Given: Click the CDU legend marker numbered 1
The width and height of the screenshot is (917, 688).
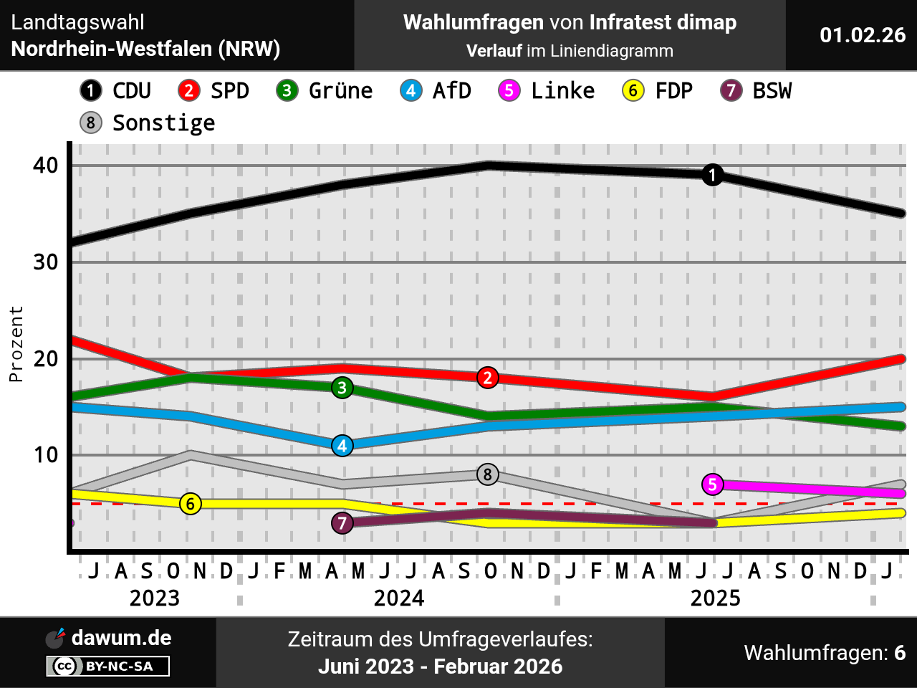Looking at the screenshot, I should click(x=91, y=91).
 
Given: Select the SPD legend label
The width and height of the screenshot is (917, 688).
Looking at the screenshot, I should click(x=229, y=91).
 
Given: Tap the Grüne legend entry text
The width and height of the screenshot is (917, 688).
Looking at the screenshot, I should click(x=340, y=91).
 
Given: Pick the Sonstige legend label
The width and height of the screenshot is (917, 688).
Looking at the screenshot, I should click(x=163, y=123).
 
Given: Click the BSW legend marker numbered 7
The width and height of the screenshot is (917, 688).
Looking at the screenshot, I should click(x=731, y=91).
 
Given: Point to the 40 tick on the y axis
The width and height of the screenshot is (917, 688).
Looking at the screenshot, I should click(x=46, y=166).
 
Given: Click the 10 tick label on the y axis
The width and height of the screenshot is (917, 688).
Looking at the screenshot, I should click(x=46, y=455).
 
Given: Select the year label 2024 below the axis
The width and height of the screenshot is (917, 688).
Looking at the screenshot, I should click(x=399, y=598).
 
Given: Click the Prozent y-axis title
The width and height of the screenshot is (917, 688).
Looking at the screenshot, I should click(x=16, y=344).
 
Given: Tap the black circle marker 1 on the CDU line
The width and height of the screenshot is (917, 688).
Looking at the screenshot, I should click(x=712, y=175).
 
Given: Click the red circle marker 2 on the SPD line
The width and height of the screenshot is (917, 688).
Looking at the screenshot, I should click(x=488, y=378).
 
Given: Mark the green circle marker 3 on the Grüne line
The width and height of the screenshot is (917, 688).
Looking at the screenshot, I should click(x=342, y=388).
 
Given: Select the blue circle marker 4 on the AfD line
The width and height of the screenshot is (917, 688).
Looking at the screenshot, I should click(x=342, y=446).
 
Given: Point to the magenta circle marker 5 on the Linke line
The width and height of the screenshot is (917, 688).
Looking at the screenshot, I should click(x=712, y=484).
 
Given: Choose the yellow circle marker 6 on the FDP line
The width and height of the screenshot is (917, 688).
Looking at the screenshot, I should click(x=191, y=504).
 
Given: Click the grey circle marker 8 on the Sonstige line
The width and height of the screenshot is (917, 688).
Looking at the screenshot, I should click(x=488, y=474).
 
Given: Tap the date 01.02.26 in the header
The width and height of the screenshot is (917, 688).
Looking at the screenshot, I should click(x=863, y=35).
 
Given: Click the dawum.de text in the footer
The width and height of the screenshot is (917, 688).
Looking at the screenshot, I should click(x=121, y=638).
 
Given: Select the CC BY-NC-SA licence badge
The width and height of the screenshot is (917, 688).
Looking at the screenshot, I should click(x=108, y=666).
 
